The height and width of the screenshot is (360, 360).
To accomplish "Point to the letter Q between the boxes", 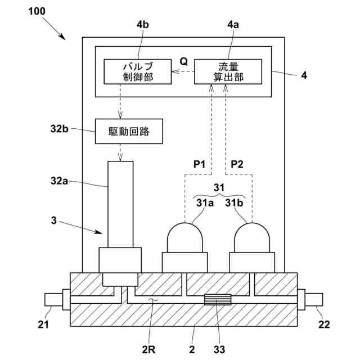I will pyautogui.click(x=183, y=60).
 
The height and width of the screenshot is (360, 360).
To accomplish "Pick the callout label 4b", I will pyautogui.click(x=142, y=25).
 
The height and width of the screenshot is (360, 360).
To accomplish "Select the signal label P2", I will pyautogui.click(x=238, y=165).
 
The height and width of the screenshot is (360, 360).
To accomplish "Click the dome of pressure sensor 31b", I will pyautogui.click(x=252, y=237).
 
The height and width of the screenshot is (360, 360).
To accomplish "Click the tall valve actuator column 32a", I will pyautogui.click(x=120, y=204).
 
